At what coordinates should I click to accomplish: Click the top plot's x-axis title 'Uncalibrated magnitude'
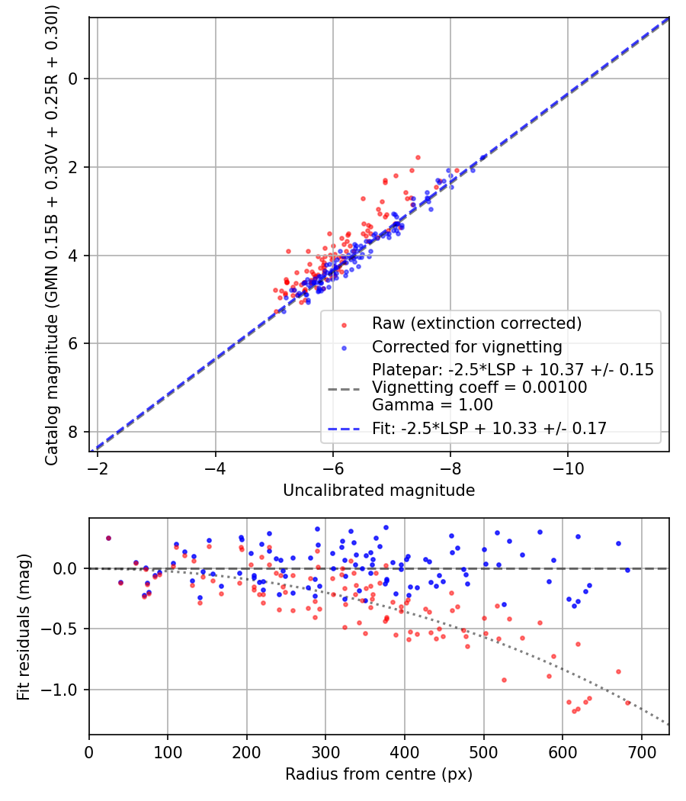[379, 491]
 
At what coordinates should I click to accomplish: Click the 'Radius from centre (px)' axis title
[379, 774]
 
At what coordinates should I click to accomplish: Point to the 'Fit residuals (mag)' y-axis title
[24, 627]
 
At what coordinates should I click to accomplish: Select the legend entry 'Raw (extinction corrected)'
[476, 323]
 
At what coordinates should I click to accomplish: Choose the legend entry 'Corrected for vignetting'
[466, 348]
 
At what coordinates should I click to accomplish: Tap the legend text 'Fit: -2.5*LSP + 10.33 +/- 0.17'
[489, 429]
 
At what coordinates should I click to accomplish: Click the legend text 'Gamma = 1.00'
[432, 405]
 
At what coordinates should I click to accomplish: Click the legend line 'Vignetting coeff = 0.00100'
[479, 388]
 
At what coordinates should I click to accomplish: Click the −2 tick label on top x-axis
[98, 467]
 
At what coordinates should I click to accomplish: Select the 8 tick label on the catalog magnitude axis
[73, 433]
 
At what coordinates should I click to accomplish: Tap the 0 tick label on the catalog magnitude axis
[73, 79]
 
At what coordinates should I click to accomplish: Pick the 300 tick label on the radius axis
[325, 751]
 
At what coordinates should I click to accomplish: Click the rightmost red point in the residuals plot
[628, 703]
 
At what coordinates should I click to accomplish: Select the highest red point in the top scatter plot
[418, 157]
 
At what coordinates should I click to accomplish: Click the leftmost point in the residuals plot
[108, 538]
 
